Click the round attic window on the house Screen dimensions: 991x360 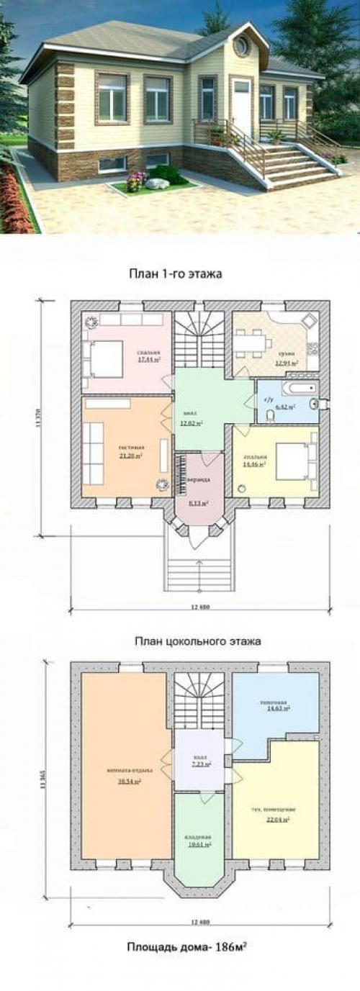tap(240, 47)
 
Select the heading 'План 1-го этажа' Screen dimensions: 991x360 tap(175, 273)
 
